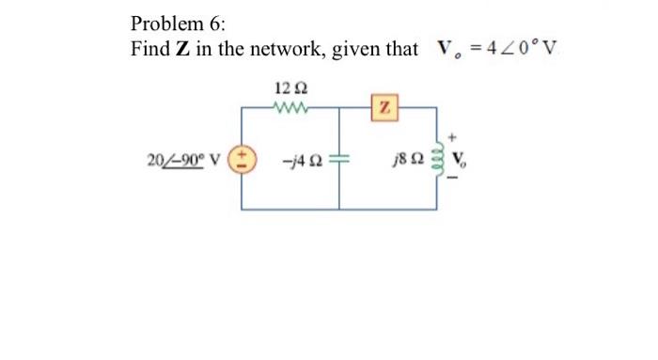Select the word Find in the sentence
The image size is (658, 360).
150,49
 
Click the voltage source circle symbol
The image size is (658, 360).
243,156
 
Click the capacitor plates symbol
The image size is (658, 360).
339,157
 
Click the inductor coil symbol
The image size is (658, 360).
435,157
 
